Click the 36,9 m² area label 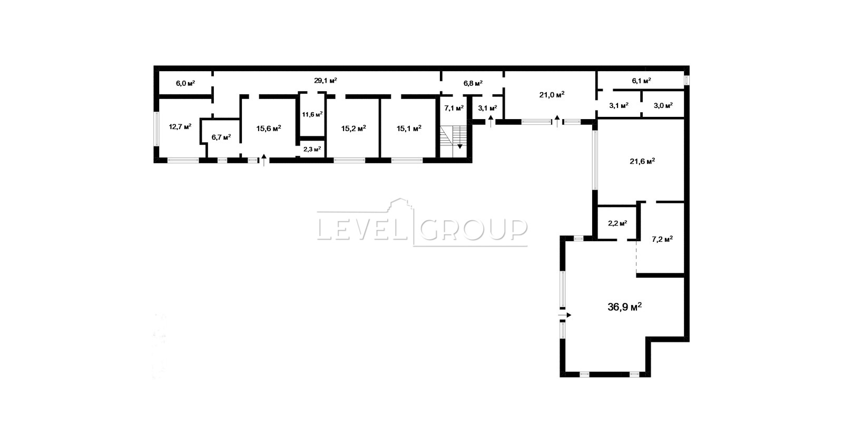(624, 307)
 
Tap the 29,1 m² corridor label (326, 81)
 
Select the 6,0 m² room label (185, 83)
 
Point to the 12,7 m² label (180, 126)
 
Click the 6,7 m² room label (221, 137)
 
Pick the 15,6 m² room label (269, 129)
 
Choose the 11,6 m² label (312, 114)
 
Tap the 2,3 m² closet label (312, 149)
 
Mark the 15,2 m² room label (354, 129)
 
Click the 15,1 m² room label (409, 129)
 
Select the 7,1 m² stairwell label (454, 108)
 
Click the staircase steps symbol (453, 136)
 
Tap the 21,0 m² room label (552, 95)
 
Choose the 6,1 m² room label (642, 81)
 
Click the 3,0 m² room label (663, 105)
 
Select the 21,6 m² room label (642, 161)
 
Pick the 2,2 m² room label (617, 223)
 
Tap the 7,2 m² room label (662, 239)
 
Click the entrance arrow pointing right (564, 315)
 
